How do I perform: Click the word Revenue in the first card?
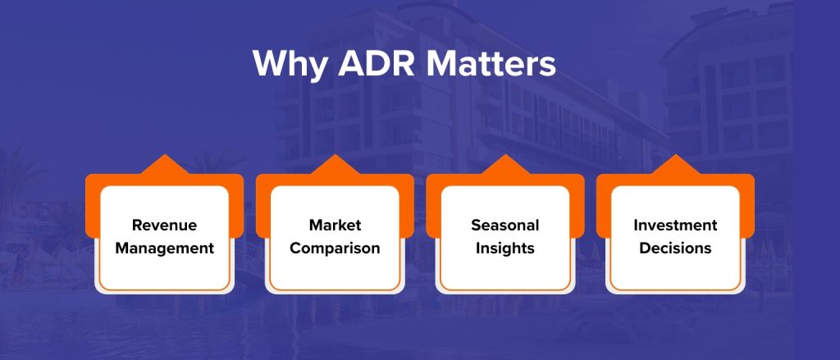pyautogui.click(x=164, y=225)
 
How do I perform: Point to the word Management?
pyautogui.click(x=164, y=248)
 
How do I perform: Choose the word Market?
pyautogui.click(x=335, y=225)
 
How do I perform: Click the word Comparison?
pyautogui.click(x=335, y=248)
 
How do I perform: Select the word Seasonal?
pyautogui.click(x=505, y=225)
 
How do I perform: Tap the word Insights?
pyautogui.click(x=505, y=248)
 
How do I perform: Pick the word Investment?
pyautogui.click(x=676, y=225)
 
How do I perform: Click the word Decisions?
pyautogui.click(x=676, y=248)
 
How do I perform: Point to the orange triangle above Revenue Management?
pyautogui.click(x=164, y=166)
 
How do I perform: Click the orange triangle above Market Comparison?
pyautogui.click(x=335, y=166)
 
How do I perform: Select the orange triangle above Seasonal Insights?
pyautogui.click(x=505, y=166)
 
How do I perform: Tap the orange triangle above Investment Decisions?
pyautogui.click(x=676, y=166)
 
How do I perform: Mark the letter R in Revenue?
pyautogui.click(x=137, y=225)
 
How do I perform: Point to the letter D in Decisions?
pyautogui.click(x=645, y=248)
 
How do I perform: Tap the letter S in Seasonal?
pyautogui.click(x=476, y=225)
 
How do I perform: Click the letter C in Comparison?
pyautogui.click(x=295, y=248)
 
